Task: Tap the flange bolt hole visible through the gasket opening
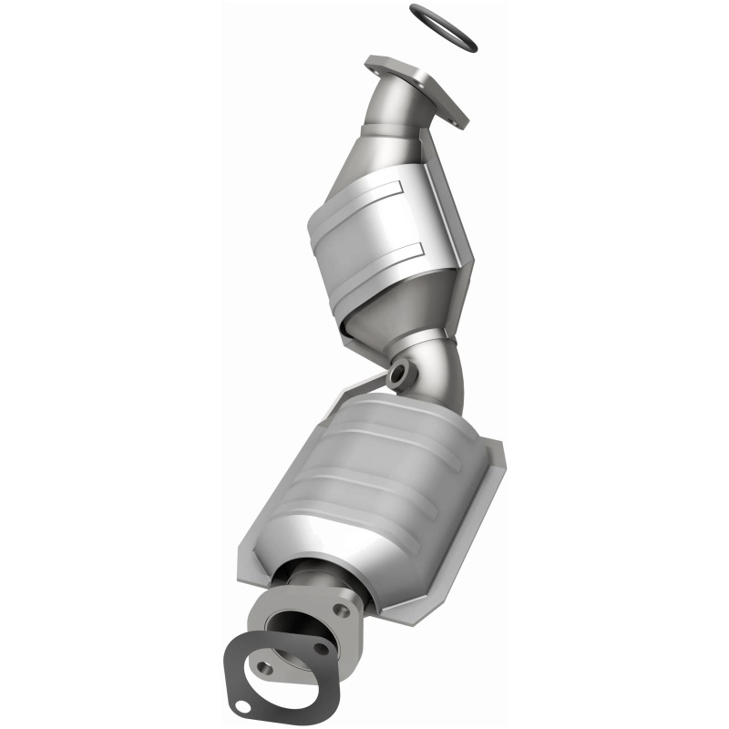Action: click(x=265, y=667)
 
